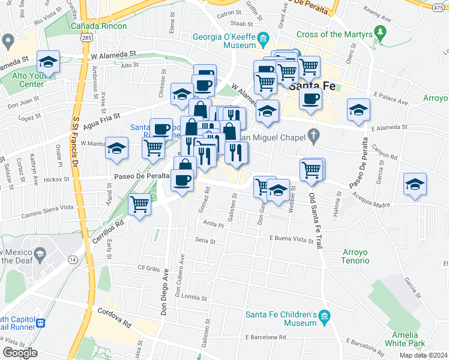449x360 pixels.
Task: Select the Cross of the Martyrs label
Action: (340, 35)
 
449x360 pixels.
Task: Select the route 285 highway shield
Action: (87, 37)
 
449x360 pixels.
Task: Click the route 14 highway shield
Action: (73, 259)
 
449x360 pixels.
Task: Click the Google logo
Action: (20, 353)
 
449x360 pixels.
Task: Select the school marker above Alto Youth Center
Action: (47, 61)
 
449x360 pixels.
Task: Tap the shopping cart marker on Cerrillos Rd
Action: (140, 204)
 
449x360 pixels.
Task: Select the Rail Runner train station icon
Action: (41, 323)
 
